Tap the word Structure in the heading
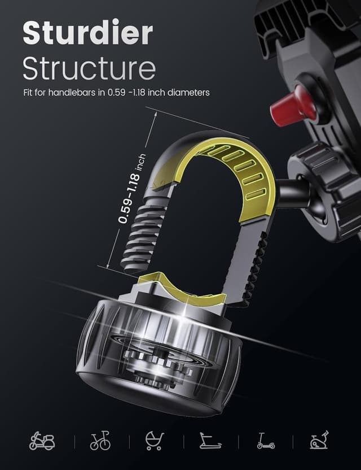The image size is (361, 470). click(x=89, y=68)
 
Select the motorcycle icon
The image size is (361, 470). click(x=42, y=441)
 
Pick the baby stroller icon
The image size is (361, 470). click(x=154, y=441)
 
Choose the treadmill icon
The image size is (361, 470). click(x=210, y=441)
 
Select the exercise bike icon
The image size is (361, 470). click(x=319, y=441)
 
